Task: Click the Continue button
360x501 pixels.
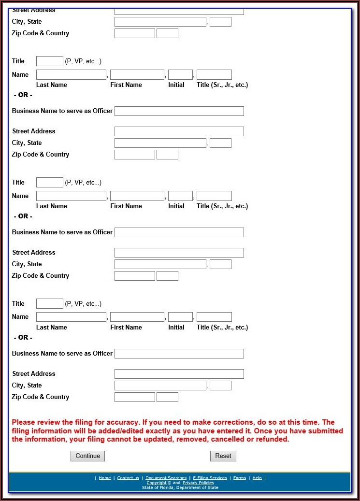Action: [87, 456]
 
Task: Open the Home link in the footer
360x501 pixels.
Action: [105, 478]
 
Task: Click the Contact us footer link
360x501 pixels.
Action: [128, 478]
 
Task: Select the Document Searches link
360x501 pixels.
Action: [166, 478]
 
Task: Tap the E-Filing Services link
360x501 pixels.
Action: [210, 478]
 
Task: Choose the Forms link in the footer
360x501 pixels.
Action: [240, 478]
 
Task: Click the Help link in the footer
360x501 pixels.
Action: [257, 478]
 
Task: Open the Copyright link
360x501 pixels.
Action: [156, 483]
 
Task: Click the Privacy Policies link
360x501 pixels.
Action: [198, 483]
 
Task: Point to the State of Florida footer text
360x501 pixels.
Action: [180, 487]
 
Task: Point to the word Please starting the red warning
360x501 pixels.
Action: [24, 422]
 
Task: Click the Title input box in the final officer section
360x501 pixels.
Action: [50, 303]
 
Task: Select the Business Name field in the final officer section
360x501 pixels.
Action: [179, 354]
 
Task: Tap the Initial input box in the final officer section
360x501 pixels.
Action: [180, 317]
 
